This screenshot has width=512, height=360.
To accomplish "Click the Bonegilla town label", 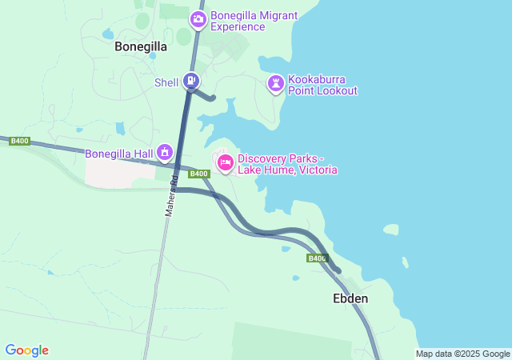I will [141, 46].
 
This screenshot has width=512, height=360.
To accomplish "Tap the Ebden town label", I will [350, 298].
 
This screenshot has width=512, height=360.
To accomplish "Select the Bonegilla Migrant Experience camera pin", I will [198, 18].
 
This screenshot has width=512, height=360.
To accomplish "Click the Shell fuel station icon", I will [191, 81].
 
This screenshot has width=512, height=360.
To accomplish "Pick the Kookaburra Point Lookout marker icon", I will [276, 83].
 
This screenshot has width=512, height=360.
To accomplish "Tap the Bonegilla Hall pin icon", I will [165, 151].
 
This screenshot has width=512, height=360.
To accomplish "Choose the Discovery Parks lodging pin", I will [226, 163].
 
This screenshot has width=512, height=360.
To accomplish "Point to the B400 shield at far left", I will [20, 141].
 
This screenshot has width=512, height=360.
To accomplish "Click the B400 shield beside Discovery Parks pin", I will [199, 174].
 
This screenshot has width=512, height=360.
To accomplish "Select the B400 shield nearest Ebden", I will [317, 258].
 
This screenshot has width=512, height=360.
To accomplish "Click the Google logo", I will [26, 350].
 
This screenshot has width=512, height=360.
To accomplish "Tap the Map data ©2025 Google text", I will [462, 354].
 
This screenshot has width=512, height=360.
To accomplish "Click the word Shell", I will [166, 82].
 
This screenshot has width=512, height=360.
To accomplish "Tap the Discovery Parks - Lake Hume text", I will [287, 165].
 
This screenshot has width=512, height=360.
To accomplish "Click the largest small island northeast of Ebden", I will [390, 230].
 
